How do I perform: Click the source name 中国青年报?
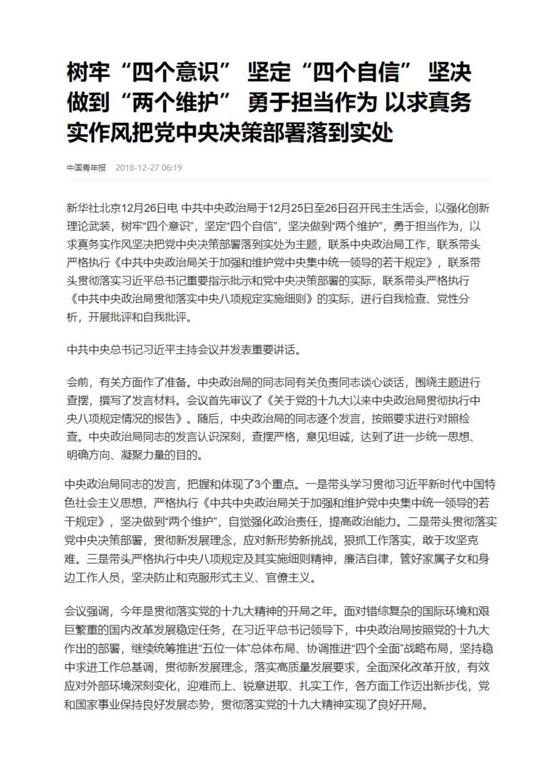86,168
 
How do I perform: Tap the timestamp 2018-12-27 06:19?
148,168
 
